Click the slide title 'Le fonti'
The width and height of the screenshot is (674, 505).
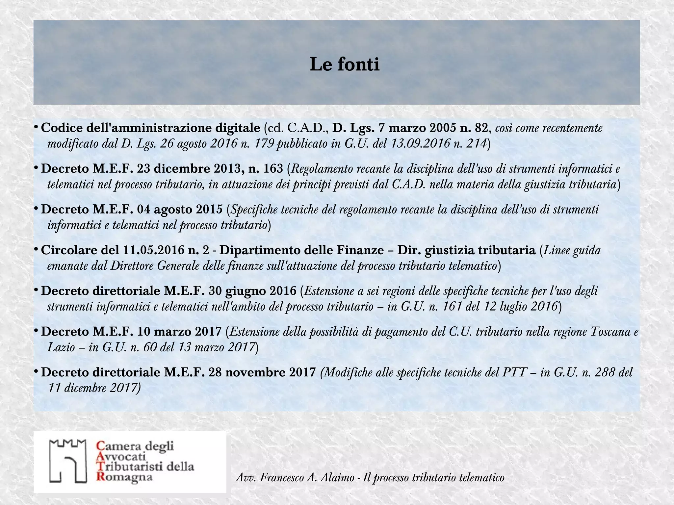(344, 64)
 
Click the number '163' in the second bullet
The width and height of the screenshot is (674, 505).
(273, 169)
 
